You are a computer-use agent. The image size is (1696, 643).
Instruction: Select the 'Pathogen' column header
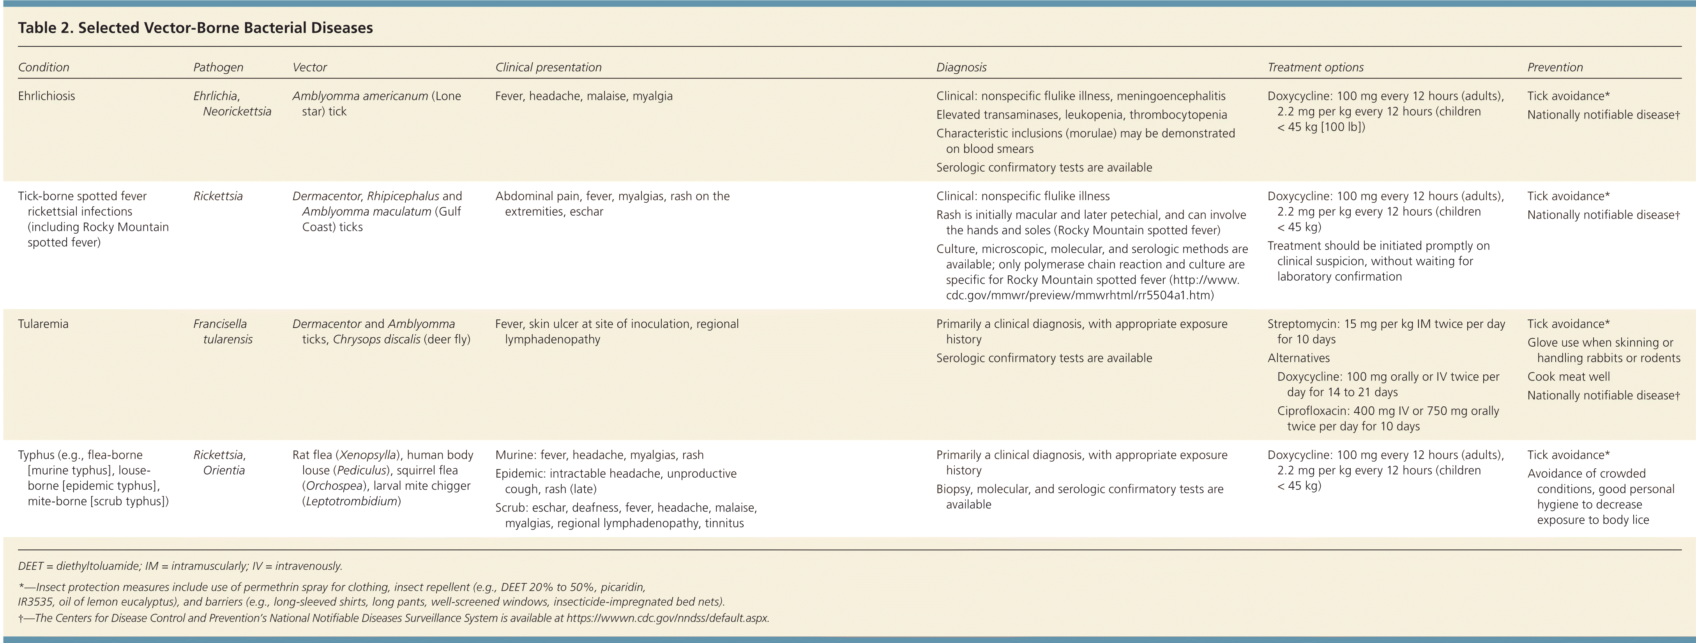pyautogui.click(x=218, y=67)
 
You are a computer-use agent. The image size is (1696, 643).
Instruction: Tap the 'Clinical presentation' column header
pyautogui.click(x=548, y=67)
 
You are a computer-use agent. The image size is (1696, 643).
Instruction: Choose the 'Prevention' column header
pyautogui.click(x=1555, y=67)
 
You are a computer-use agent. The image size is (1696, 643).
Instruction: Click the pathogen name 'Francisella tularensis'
pyautogui.click(x=223, y=331)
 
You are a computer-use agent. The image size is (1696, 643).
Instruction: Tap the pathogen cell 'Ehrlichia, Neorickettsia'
pyautogui.click(x=232, y=103)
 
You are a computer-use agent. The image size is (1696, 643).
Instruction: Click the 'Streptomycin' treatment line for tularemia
pyautogui.click(x=1386, y=324)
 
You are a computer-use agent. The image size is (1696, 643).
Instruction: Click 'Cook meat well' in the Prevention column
pyautogui.click(x=1568, y=377)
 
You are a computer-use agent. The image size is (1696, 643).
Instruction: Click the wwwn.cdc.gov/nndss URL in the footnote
pyautogui.click(x=667, y=618)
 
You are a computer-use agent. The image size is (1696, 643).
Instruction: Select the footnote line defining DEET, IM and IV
pyautogui.click(x=180, y=566)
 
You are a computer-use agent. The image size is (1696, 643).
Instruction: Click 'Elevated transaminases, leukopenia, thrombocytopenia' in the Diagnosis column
pyautogui.click(x=1081, y=115)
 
